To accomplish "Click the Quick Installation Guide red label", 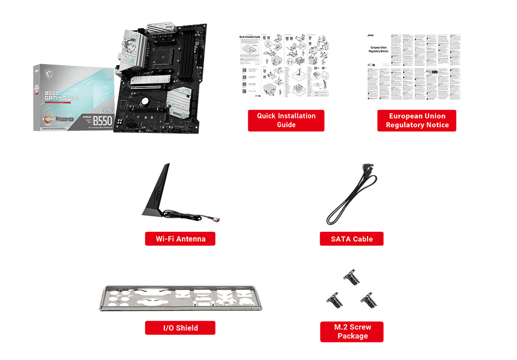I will click(x=286, y=120).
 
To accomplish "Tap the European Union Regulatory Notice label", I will click(x=417, y=120).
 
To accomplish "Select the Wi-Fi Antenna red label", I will click(x=180, y=238).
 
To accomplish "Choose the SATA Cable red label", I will click(x=352, y=238).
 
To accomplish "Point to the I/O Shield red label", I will click(x=180, y=327).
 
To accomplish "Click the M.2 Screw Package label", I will click(x=352, y=331).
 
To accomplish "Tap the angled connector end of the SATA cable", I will click(x=369, y=170).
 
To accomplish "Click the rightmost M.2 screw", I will click(x=369, y=297).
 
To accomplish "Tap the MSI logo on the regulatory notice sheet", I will click(x=371, y=36).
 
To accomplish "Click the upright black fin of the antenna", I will click(x=160, y=186).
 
